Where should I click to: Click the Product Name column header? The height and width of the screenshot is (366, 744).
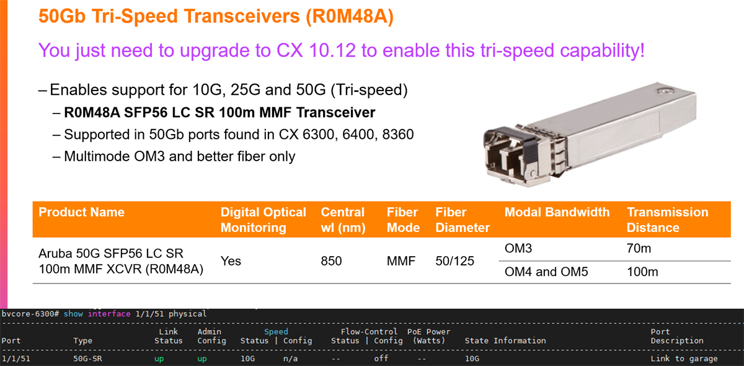click(x=81, y=212)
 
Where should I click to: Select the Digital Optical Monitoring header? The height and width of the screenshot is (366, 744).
click(x=263, y=220)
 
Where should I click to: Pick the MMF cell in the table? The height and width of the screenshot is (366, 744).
click(x=402, y=261)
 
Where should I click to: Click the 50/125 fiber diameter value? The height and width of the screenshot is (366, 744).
click(x=454, y=261)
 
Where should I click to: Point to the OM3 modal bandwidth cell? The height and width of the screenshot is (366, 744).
click(x=520, y=249)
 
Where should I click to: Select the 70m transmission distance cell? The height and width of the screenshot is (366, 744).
click(x=639, y=249)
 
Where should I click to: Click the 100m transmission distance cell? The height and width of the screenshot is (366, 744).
click(x=642, y=272)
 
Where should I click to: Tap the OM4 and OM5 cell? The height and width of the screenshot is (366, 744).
click(x=546, y=272)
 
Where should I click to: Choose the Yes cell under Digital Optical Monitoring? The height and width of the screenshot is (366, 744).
click(x=231, y=261)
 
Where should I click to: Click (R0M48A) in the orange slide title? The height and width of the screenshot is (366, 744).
click(x=350, y=16)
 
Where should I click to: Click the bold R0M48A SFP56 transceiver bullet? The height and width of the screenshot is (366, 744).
click(x=219, y=113)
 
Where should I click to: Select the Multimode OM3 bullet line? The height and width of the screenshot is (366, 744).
click(x=179, y=156)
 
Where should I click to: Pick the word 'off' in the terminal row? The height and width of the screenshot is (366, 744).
click(x=381, y=359)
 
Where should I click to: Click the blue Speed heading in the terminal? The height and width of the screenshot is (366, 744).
click(x=276, y=331)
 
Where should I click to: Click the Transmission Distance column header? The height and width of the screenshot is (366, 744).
click(x=667, y=220)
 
